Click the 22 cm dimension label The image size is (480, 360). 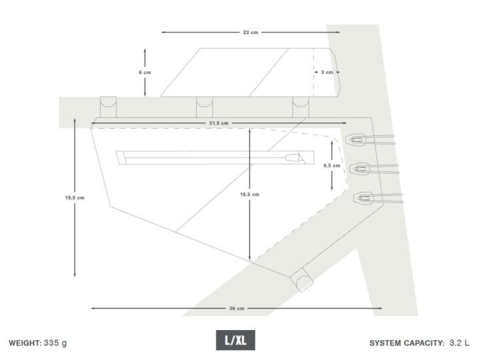click(251, 33)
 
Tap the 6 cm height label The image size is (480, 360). click(145, 73)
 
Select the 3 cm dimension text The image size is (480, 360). click(327, 72)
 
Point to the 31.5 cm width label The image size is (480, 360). click(219, 123)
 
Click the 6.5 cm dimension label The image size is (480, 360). click(332, 165)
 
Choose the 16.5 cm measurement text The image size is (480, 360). click(249, 195)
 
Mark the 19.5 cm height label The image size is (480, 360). click(75, 198)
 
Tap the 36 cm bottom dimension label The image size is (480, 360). click(237, 308)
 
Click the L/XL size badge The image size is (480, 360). click(235, 340)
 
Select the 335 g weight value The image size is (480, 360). click(55, 343)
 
